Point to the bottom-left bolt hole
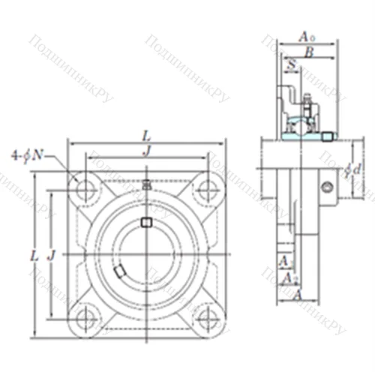[86, 311]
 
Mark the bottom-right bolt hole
[207, 311]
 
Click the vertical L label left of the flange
[34, 255]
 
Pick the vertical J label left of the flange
[52, 255]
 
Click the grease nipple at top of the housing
[147, 184]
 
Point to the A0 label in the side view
[306, 36]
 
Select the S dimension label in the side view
[292, 66]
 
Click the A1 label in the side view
[284, 261]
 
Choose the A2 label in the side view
[289, 278]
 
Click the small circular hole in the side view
[327, 187]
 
